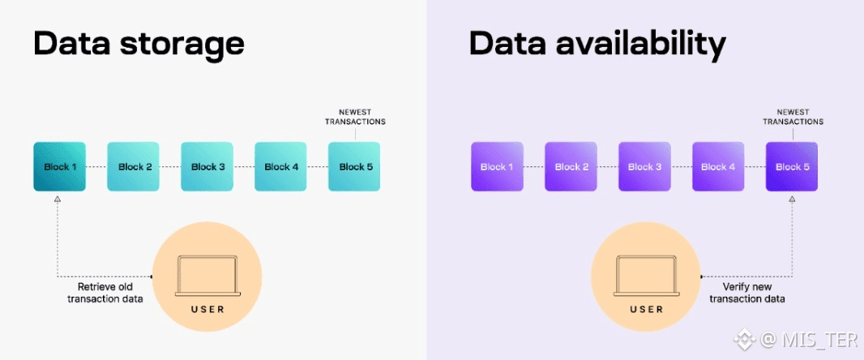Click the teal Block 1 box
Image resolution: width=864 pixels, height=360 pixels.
[59, 167]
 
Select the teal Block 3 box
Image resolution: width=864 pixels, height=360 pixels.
[208, 167]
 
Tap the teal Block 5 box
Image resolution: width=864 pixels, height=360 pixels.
[354, 167]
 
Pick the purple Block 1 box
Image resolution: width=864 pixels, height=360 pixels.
[497, 167]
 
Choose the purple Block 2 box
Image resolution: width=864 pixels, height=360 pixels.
[571, 167]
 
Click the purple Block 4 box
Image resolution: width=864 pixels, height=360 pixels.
[717, 167]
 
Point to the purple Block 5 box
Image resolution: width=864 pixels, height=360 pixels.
[791, 167]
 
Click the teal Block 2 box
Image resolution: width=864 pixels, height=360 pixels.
[134, 167]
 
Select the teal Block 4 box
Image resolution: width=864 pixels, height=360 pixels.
[281, 167]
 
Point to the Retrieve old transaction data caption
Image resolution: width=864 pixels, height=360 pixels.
[110, 294]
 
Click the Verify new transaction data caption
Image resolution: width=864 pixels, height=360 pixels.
[746, 293]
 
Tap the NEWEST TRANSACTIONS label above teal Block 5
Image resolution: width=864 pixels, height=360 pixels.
[356, 117]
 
